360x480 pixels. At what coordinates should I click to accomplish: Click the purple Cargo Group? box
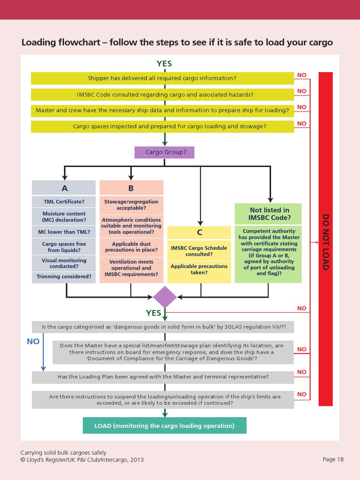[164, 152]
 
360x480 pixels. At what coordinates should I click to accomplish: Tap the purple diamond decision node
[165, 297]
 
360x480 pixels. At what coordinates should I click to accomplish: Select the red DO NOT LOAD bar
[325, 239]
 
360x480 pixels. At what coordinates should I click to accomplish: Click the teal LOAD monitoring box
[164, 426]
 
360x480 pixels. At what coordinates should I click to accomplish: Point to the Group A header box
[65, 188]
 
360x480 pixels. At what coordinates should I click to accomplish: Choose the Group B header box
[131, 188]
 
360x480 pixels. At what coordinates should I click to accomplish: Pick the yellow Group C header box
[199, 232]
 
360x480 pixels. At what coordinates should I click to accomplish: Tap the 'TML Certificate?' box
[64, 202]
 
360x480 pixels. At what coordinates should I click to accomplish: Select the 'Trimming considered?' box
[64, 277]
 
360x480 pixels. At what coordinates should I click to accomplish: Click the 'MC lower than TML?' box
[64, 232]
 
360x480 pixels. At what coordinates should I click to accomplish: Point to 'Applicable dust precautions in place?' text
[131, 247]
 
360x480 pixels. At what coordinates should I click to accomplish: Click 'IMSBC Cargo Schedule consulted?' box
[199, 251]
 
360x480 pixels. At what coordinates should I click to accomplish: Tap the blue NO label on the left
[33, 342]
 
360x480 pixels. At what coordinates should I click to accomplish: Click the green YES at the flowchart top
[164, 64]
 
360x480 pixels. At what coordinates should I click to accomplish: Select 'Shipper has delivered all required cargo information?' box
[162, 78]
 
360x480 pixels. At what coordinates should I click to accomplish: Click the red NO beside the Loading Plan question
[302, 372]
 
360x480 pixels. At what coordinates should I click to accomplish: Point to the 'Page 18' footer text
[333, 459]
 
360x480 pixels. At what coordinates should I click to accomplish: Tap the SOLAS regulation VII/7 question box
[163, 326]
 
